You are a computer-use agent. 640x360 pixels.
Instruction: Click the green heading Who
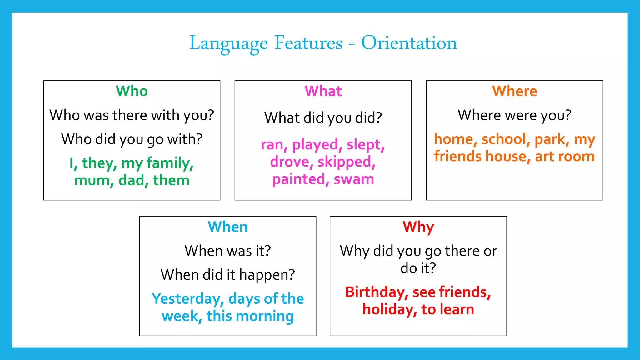point(132,91)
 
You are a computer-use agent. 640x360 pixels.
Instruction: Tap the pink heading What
point(323,91)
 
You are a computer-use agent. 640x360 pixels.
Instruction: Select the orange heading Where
point(514,91)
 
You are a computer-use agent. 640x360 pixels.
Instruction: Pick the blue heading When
point(228,227)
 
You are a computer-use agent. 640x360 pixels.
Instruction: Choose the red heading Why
point(418,227)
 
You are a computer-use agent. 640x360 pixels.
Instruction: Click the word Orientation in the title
point(409,43)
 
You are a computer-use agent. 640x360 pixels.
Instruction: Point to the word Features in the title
point(308,43)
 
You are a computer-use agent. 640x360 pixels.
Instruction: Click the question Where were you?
point(514,115)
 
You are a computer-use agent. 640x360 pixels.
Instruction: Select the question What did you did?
point(323,118)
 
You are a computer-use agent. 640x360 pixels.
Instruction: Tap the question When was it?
point(228,251)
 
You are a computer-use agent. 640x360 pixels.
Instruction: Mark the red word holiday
point(389,310)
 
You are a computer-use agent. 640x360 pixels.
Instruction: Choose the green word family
point(170,163)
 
